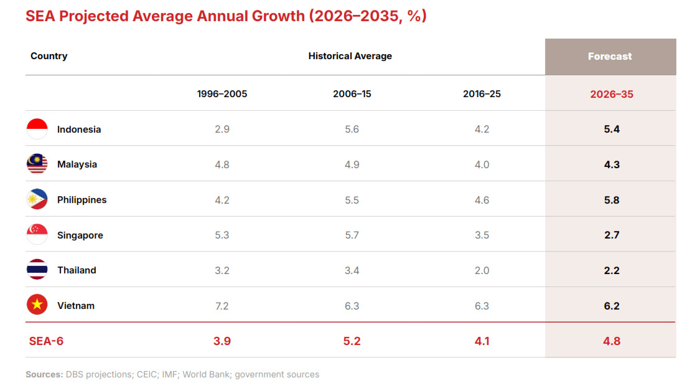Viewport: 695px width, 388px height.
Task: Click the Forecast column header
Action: click(610, 56)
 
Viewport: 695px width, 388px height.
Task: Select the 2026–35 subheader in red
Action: click(611, 94)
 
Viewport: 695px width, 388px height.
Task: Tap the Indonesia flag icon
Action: click(37, 129)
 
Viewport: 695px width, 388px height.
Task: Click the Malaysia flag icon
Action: click(37, 164)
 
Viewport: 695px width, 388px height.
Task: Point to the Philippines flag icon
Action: click(37, 199)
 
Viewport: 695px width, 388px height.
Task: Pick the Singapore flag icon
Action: click(37, 235)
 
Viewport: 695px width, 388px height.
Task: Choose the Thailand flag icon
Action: click(37, 270)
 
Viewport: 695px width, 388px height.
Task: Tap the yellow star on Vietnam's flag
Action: click(37, 305)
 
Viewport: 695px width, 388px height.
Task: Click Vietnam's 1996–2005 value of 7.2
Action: click(222, 306)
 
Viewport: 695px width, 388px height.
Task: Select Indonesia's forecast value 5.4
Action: click(612, 129)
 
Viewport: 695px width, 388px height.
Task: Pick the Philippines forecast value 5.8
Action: click(612, 200)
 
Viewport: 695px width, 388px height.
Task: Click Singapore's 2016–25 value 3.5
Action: click(482, 235)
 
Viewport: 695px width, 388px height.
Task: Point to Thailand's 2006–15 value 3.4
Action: click(352, 270)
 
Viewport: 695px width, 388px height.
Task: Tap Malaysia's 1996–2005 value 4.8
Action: click(222, 164)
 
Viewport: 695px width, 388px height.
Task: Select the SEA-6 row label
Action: click(46, 341)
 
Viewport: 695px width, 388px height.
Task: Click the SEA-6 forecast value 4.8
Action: click(612, 341)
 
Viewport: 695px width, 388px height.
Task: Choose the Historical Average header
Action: click(350, 56)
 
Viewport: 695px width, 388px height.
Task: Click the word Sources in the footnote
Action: click(44, 374)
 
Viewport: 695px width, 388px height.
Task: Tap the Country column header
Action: click(49, 56)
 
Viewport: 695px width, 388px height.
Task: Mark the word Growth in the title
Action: click(278, 16)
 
